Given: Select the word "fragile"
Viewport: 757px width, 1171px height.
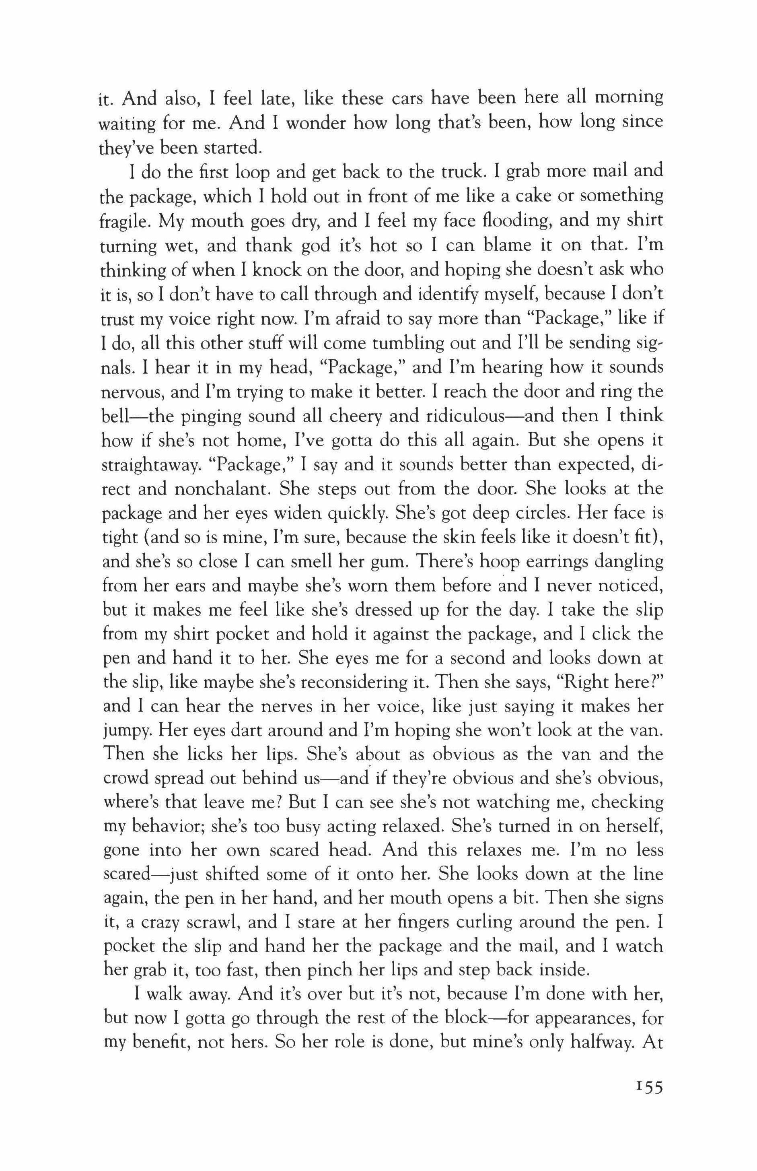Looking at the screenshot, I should pyautogui.click(x=126, y=221).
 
